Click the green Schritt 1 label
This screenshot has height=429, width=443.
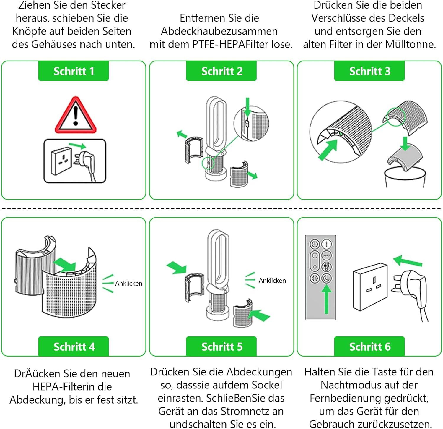click(x=74, y=71)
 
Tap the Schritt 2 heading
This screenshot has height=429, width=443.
click(x=221, y=71)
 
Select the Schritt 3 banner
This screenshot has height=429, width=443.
click(x=369, y=71)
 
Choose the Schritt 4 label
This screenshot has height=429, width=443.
click(x=74, y=346)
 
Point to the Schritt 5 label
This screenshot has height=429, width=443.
click(x=221, y=346)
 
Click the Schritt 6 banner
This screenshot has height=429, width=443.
click(x=369, y=346)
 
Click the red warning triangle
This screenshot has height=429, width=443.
click(x=76, y=115)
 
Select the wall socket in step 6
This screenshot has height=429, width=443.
click(x=370, y=286)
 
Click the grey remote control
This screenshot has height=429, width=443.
click(x=321, y=278)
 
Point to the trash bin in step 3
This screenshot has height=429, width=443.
click(x=405, y=177)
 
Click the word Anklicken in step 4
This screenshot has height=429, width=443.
click(x=128, y=283)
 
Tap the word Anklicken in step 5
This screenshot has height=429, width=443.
click(x=272, y=280)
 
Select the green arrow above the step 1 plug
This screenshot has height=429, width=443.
click(x=77, y=145)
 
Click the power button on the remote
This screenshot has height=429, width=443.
click(x=315, y=244)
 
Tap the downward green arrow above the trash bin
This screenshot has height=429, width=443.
click(x=405, y=143)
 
